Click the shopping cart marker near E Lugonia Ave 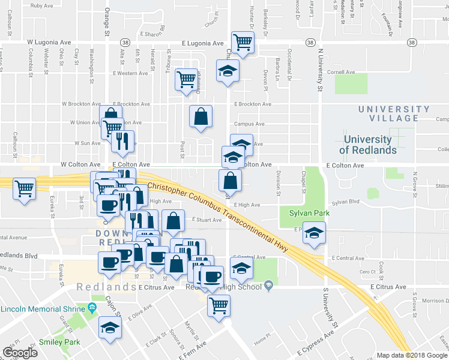click(243, 43)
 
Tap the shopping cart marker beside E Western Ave click(186, 79)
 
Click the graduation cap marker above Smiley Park click(110, 328)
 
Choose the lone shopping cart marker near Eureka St click(24, 189)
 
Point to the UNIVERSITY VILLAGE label click(394, 113)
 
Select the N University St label click(321, 70)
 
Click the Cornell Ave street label click(341, 72)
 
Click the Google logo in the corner click(20, 353)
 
